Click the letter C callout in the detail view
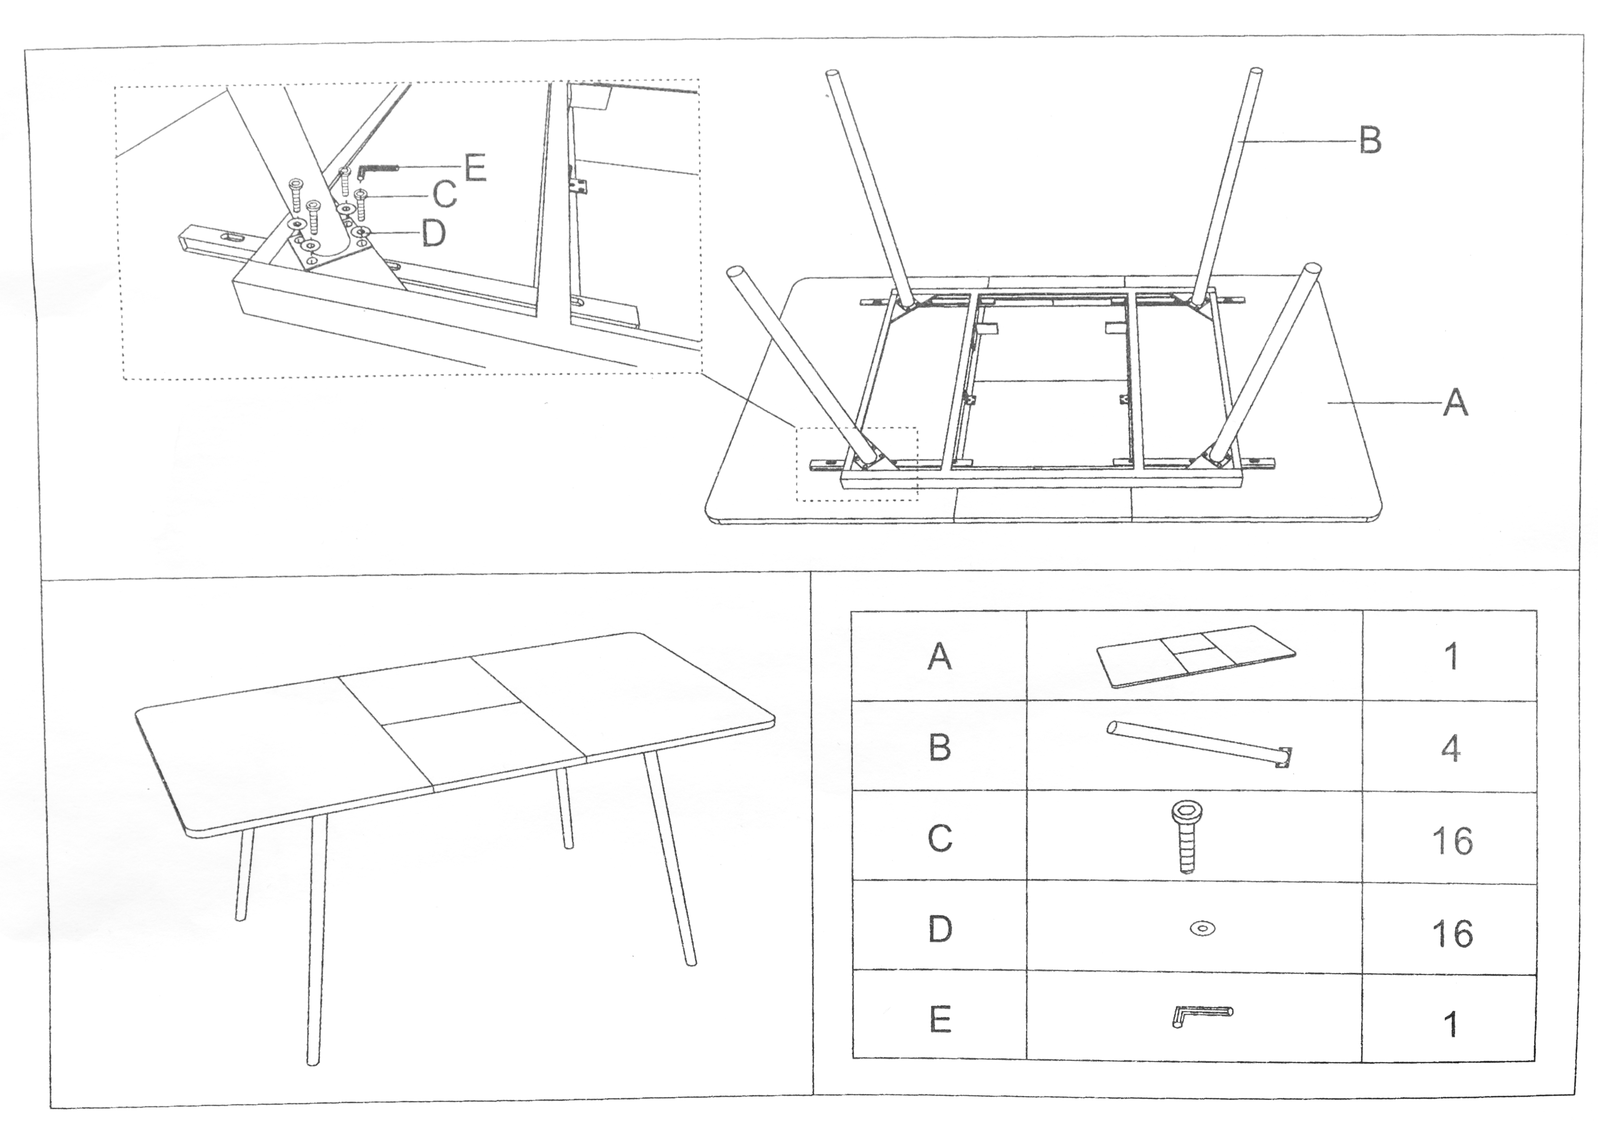tap(445, 195)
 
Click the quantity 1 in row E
tap(1451, 1025)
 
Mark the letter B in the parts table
tap(940, 747)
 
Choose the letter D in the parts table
tap(940, 929)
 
